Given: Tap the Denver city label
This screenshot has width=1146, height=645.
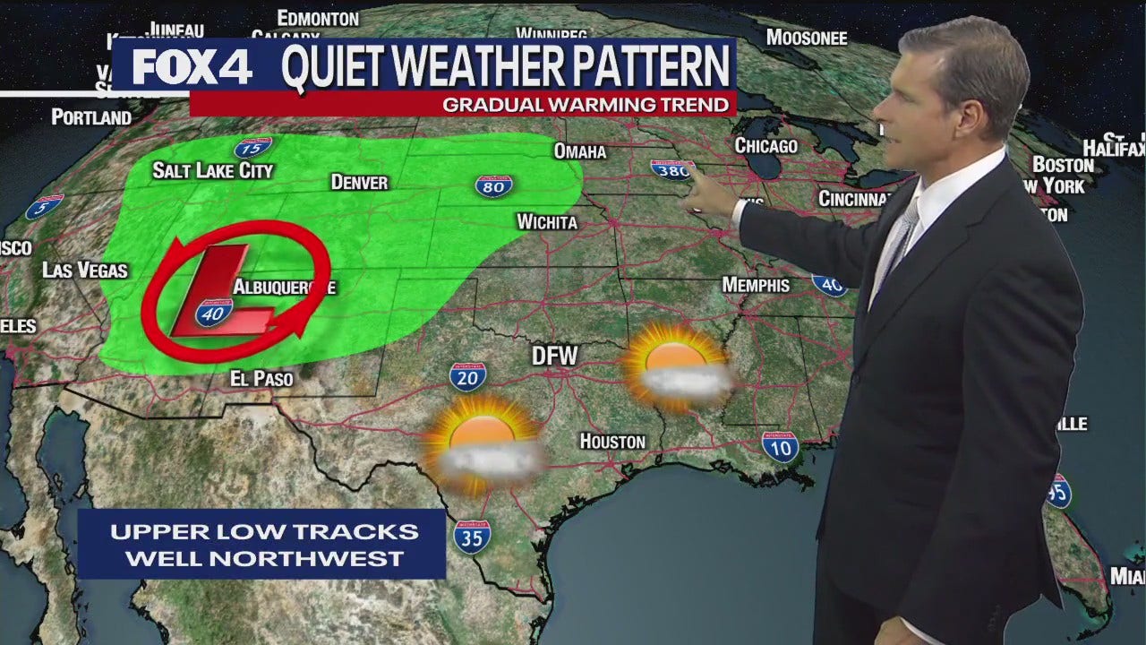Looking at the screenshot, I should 359,182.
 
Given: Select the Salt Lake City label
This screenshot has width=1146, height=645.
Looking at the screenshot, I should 212,170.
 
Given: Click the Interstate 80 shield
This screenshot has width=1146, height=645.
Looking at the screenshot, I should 493,185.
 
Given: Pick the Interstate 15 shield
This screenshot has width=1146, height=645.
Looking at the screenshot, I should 252,148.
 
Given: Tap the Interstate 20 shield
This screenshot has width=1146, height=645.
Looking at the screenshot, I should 467,376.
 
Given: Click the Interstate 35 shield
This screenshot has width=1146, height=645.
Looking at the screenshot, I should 471,536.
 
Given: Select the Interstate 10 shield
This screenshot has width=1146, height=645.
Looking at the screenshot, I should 780,446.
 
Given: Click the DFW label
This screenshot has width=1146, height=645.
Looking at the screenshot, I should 555,356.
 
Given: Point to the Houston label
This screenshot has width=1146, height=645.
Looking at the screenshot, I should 612,441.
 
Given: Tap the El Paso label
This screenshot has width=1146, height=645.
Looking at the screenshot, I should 261,379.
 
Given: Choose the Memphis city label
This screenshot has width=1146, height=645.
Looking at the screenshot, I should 756,285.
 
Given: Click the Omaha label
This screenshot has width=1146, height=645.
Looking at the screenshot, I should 579,151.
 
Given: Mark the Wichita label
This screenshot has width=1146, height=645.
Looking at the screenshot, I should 546,221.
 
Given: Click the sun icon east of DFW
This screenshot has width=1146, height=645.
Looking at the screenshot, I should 676,365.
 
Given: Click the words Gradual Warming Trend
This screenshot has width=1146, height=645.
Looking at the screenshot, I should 586,105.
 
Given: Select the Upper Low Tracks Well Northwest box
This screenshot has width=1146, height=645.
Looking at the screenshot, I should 263,544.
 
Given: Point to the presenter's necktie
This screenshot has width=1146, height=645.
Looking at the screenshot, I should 897,242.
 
